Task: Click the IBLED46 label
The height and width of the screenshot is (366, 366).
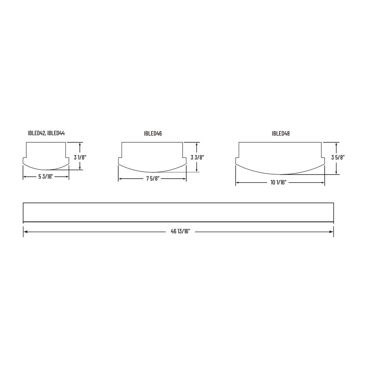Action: point(153,134)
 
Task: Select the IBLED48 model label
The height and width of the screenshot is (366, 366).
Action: point(281,134)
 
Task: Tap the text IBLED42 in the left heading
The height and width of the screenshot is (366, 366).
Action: point(36,133)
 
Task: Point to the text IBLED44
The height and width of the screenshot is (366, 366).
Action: point(56,133)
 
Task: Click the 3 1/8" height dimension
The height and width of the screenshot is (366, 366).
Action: point(80,157)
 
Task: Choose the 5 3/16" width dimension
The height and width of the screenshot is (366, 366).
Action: point(46,177)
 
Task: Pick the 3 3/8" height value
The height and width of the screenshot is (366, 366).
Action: point(197,157)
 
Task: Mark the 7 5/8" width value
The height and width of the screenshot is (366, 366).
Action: point(153,179)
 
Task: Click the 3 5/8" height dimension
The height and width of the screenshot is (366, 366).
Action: point(338,157)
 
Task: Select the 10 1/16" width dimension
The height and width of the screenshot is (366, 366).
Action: point(279,183)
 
